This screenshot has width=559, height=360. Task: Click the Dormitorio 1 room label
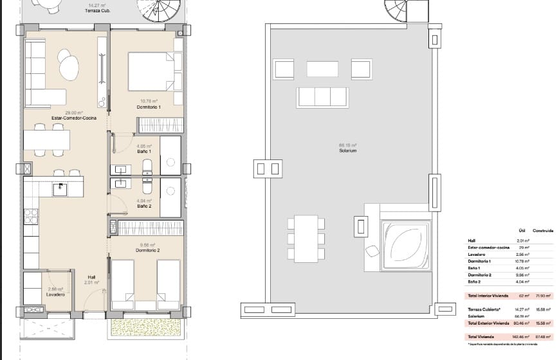coord(149,107)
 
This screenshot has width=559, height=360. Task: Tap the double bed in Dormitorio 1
coord(152,71)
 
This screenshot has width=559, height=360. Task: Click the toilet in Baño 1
coord(147,164)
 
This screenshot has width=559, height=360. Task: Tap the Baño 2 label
coord(143,205)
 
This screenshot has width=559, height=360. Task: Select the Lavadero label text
coord(56,294)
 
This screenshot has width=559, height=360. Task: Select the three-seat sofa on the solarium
coord(322,97)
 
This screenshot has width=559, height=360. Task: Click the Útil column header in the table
coord(522,230)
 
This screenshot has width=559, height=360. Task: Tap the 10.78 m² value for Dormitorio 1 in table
coord(522,262)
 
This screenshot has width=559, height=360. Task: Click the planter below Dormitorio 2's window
coord(145,326)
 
